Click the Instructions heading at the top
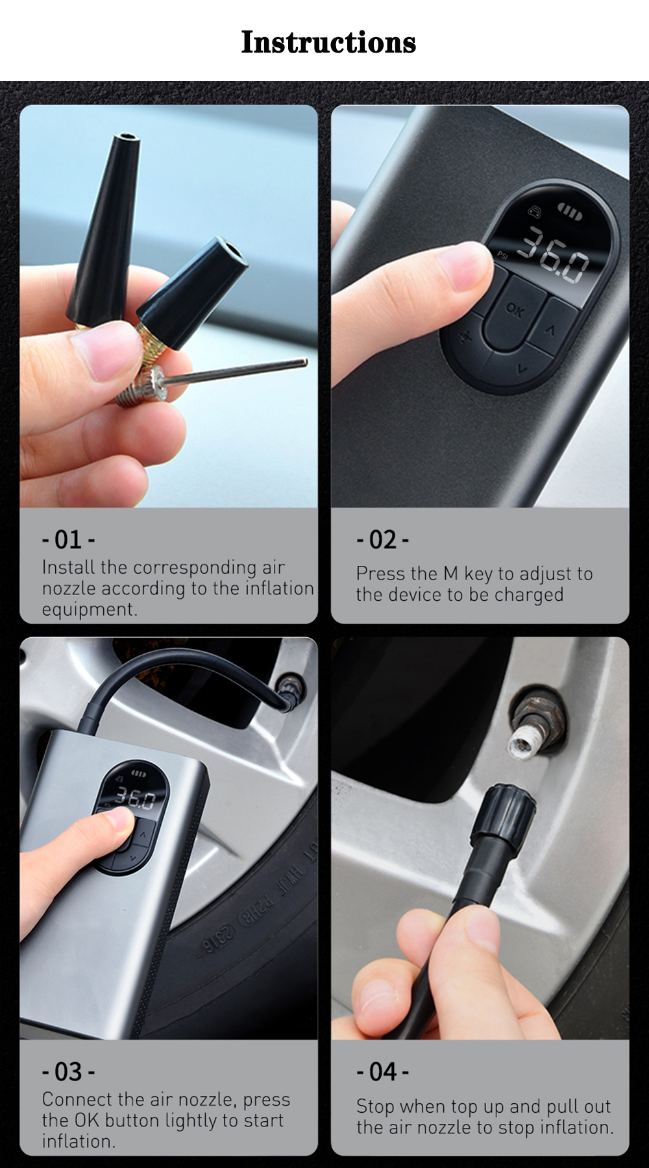pos(328,42)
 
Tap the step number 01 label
pos(68,540)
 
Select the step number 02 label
pos(382,540)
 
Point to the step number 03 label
pos(68,1072)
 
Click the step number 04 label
pos(382,1072)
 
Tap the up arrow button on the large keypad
pos(551,330)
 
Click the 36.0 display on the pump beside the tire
pos(135,799)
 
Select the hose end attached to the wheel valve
pos(288,694)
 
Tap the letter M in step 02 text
pos(450,574)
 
